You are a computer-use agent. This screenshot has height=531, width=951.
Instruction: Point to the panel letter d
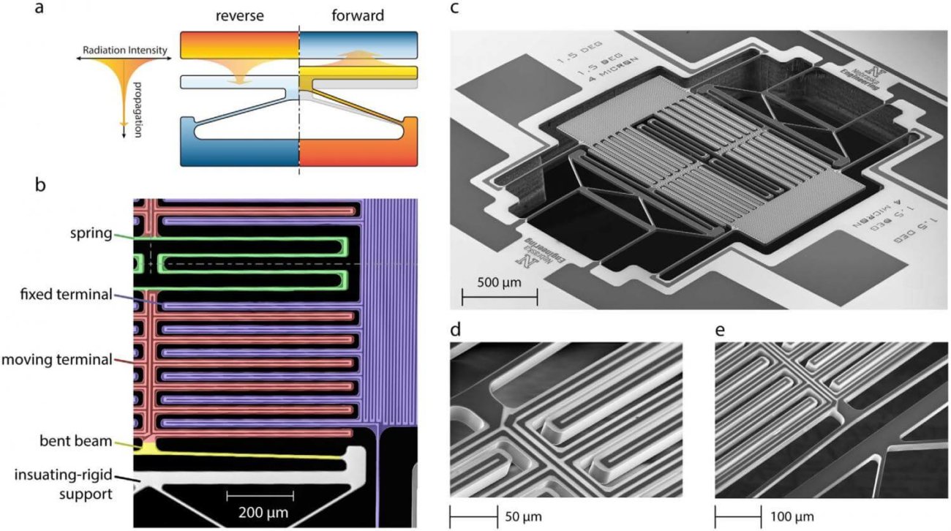(456, 329)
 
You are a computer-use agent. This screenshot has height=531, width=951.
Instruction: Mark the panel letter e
(720, 329)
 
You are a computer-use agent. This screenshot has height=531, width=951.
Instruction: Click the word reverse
(239, 15)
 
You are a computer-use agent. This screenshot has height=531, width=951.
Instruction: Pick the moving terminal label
(57, 359)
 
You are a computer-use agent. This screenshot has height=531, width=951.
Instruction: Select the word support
(86, 494)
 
